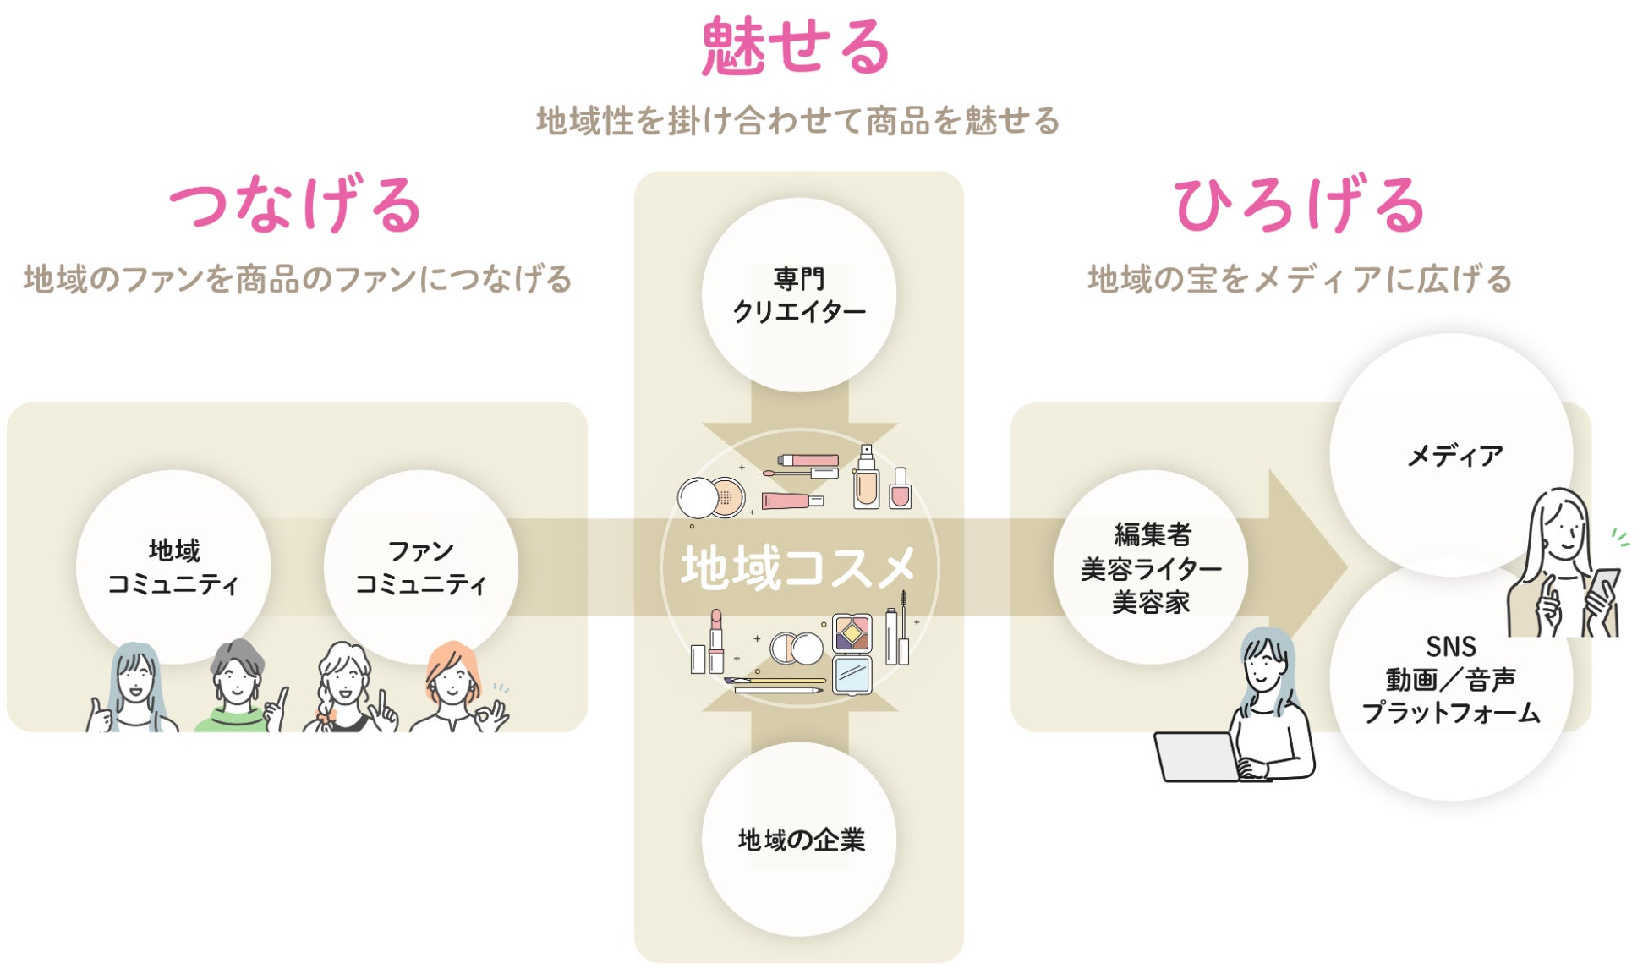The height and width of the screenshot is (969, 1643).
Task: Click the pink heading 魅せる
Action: (x=796, y=48)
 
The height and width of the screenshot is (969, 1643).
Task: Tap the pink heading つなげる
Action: (x=295, y=205)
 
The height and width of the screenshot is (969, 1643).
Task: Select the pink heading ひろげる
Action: (x=1300, y=205)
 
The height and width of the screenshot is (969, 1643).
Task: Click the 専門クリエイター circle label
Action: (x=799, y=295)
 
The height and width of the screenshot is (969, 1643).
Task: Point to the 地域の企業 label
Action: (x=801, y=840)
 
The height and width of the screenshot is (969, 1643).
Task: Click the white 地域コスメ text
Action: (x=799, y=567)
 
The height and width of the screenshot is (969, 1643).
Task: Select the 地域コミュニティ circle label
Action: (x=173, y=567)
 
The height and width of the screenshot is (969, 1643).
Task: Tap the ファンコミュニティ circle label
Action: (x=420, y=567)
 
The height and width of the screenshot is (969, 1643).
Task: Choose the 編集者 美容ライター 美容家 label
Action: (x=1151, y=568)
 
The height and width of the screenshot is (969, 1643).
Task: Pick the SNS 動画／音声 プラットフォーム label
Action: (x=1451, y=680)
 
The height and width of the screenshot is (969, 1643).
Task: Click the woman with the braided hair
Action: (x=345, y=689)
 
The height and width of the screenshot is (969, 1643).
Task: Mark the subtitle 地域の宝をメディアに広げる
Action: (x=1300, y=279)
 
